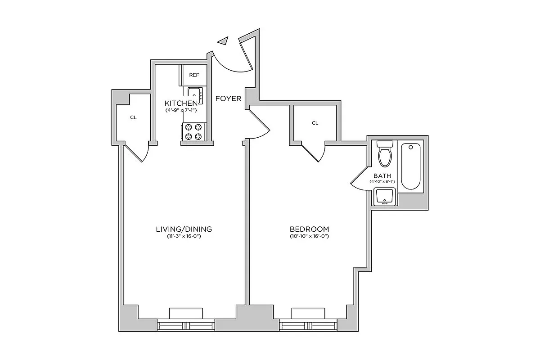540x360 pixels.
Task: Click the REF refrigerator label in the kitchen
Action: click(x=194, y=75)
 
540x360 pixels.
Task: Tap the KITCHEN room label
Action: click(x=180, y=103)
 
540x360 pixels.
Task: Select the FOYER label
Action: click(x=228, y=99)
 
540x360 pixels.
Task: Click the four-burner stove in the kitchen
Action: click(x=193, y=132)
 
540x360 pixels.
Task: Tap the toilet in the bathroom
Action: click(x=385, y=154)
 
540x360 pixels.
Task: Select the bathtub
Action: click(x=411, y=166)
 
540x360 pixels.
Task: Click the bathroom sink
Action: click(x=385, y=197)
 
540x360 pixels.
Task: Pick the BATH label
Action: click(x=382, y=175)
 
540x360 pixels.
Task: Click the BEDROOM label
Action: click(x=310, y=229)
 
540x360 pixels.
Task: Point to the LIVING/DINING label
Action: click(x=184, y=229)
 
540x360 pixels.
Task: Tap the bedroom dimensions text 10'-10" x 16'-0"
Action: click(x=310, y=237)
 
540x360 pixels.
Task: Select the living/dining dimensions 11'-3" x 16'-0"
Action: click(x=184, y=237)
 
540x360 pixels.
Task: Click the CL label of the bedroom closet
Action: click(x=315, y=123)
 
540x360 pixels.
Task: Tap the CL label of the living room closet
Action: click(x=133, y=117)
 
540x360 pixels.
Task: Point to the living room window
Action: click(x=186, y=325)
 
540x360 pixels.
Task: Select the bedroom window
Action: click(x=309, y=325)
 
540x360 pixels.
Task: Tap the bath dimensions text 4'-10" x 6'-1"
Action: click(x=382, y=182)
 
